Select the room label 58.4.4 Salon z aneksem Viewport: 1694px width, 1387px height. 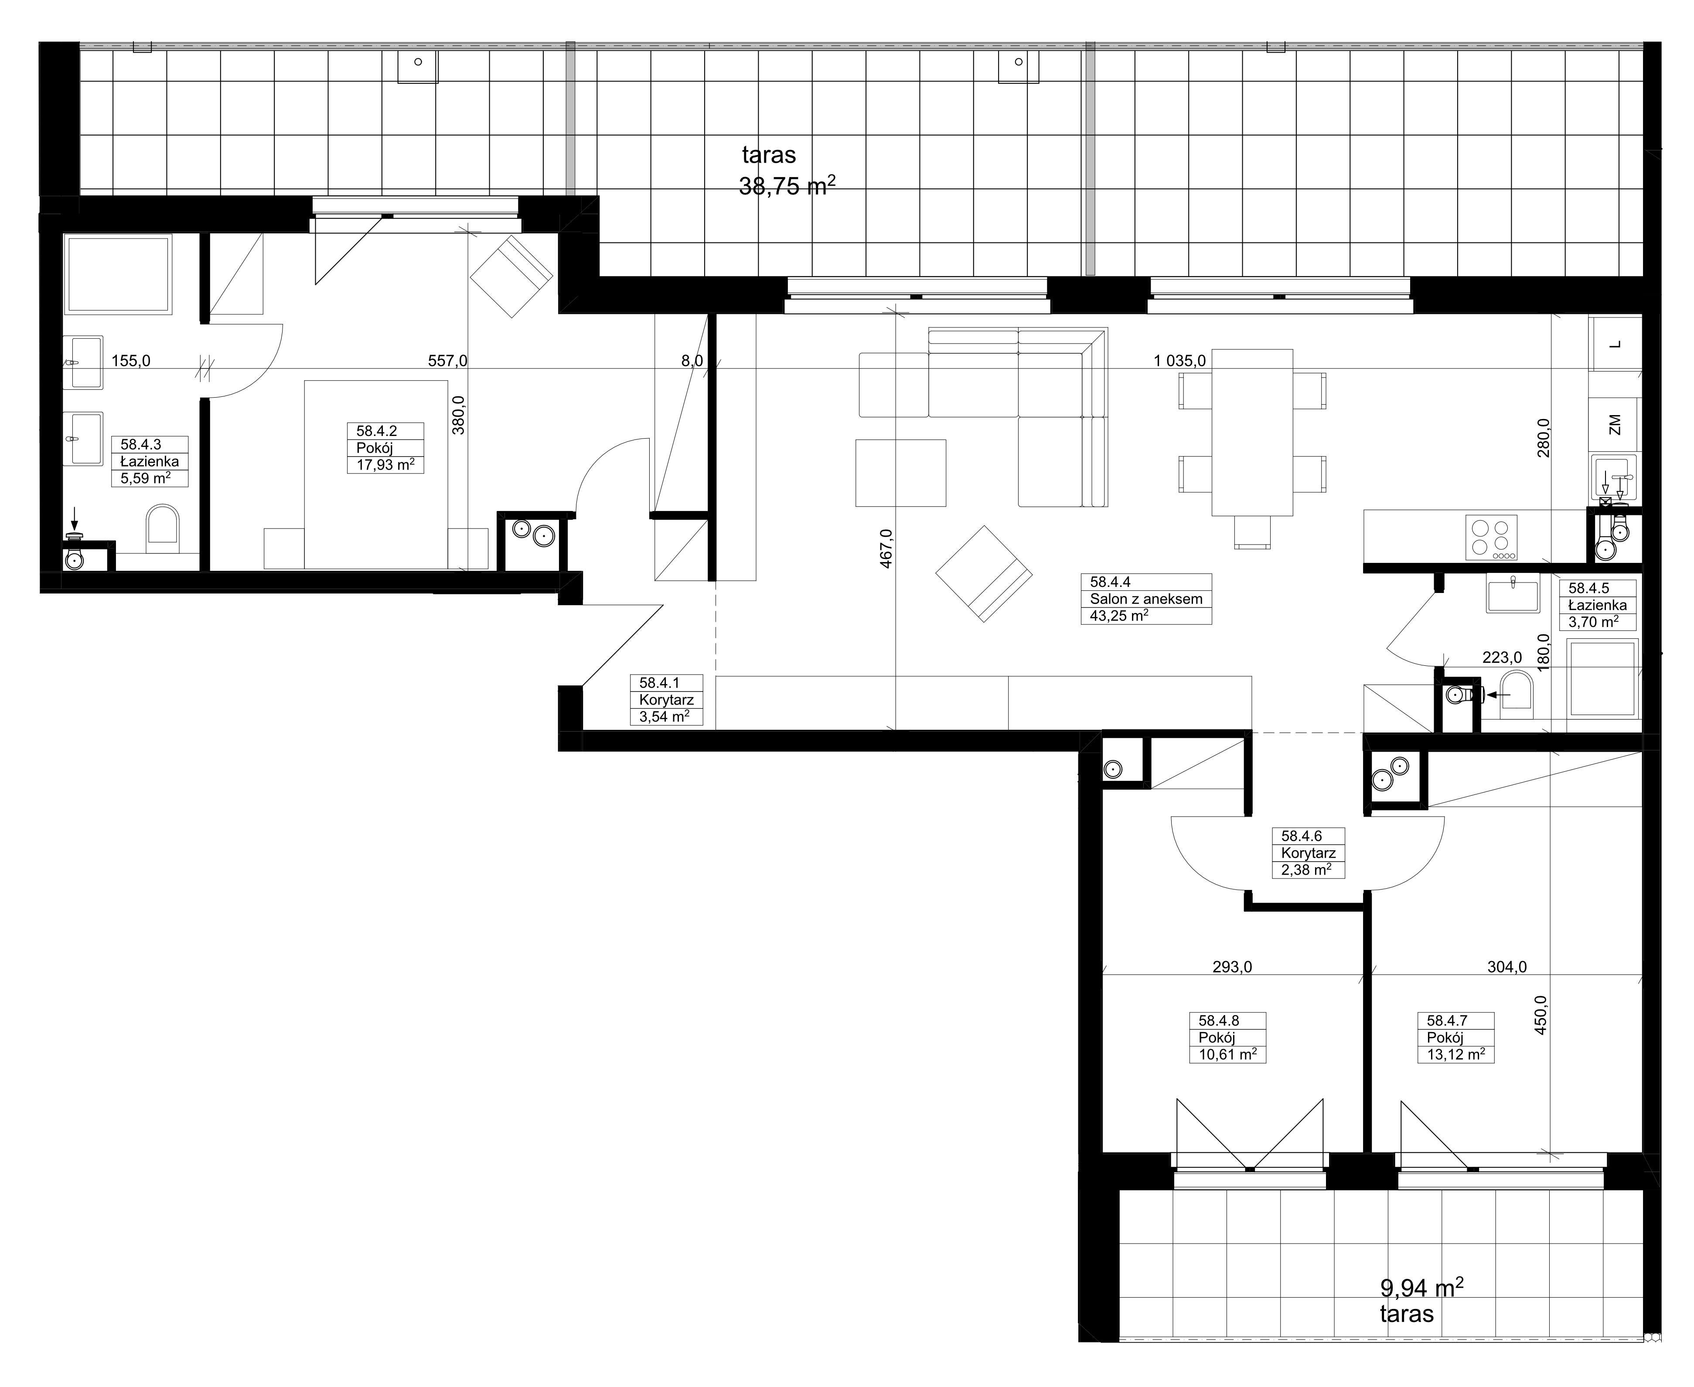click(1146, 598)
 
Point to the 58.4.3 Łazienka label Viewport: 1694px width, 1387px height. click(150, 461)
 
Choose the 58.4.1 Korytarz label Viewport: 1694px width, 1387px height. click(666, 699)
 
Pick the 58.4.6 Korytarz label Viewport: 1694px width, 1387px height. click(1308, 852)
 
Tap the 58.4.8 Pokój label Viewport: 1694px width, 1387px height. click(1227, 1037)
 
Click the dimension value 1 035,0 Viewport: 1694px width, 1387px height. click(1179, 361)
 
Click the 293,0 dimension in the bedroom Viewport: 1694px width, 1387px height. click(1232, 967)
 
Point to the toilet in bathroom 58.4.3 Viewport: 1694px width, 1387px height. click(163, 527)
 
